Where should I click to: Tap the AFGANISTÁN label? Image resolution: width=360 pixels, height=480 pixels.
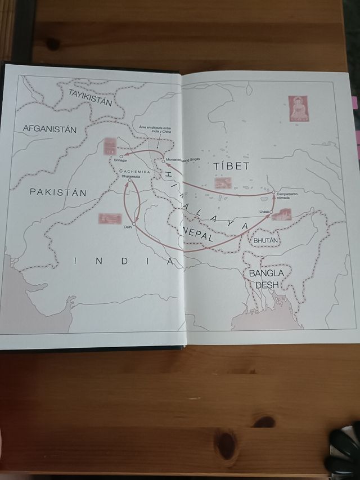tap(49, 128)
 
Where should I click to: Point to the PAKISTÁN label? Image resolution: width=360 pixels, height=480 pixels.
tap(58, 192)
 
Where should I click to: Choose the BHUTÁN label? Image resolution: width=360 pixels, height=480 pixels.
tap(266, 240)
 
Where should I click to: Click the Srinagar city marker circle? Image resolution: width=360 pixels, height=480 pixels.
tap(121, 156)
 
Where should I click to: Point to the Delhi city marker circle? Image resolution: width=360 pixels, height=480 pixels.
tap(134, 224)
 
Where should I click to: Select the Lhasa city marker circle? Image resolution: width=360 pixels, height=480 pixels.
tap(271, 212)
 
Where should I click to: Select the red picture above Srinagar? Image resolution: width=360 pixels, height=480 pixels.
tap(110, 146)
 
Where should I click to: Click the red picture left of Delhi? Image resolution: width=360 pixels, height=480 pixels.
tap(109, 219)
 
